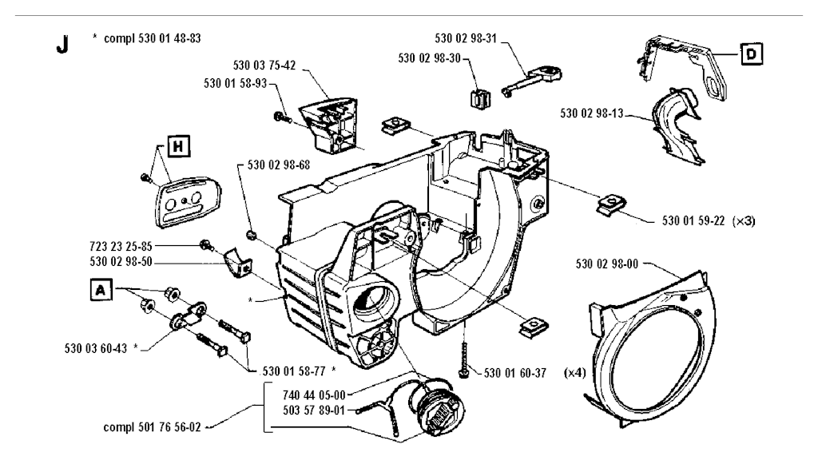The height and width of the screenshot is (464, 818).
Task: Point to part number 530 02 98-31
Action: pos(465,38)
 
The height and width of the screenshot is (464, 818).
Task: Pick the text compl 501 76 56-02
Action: pos(150,426)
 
